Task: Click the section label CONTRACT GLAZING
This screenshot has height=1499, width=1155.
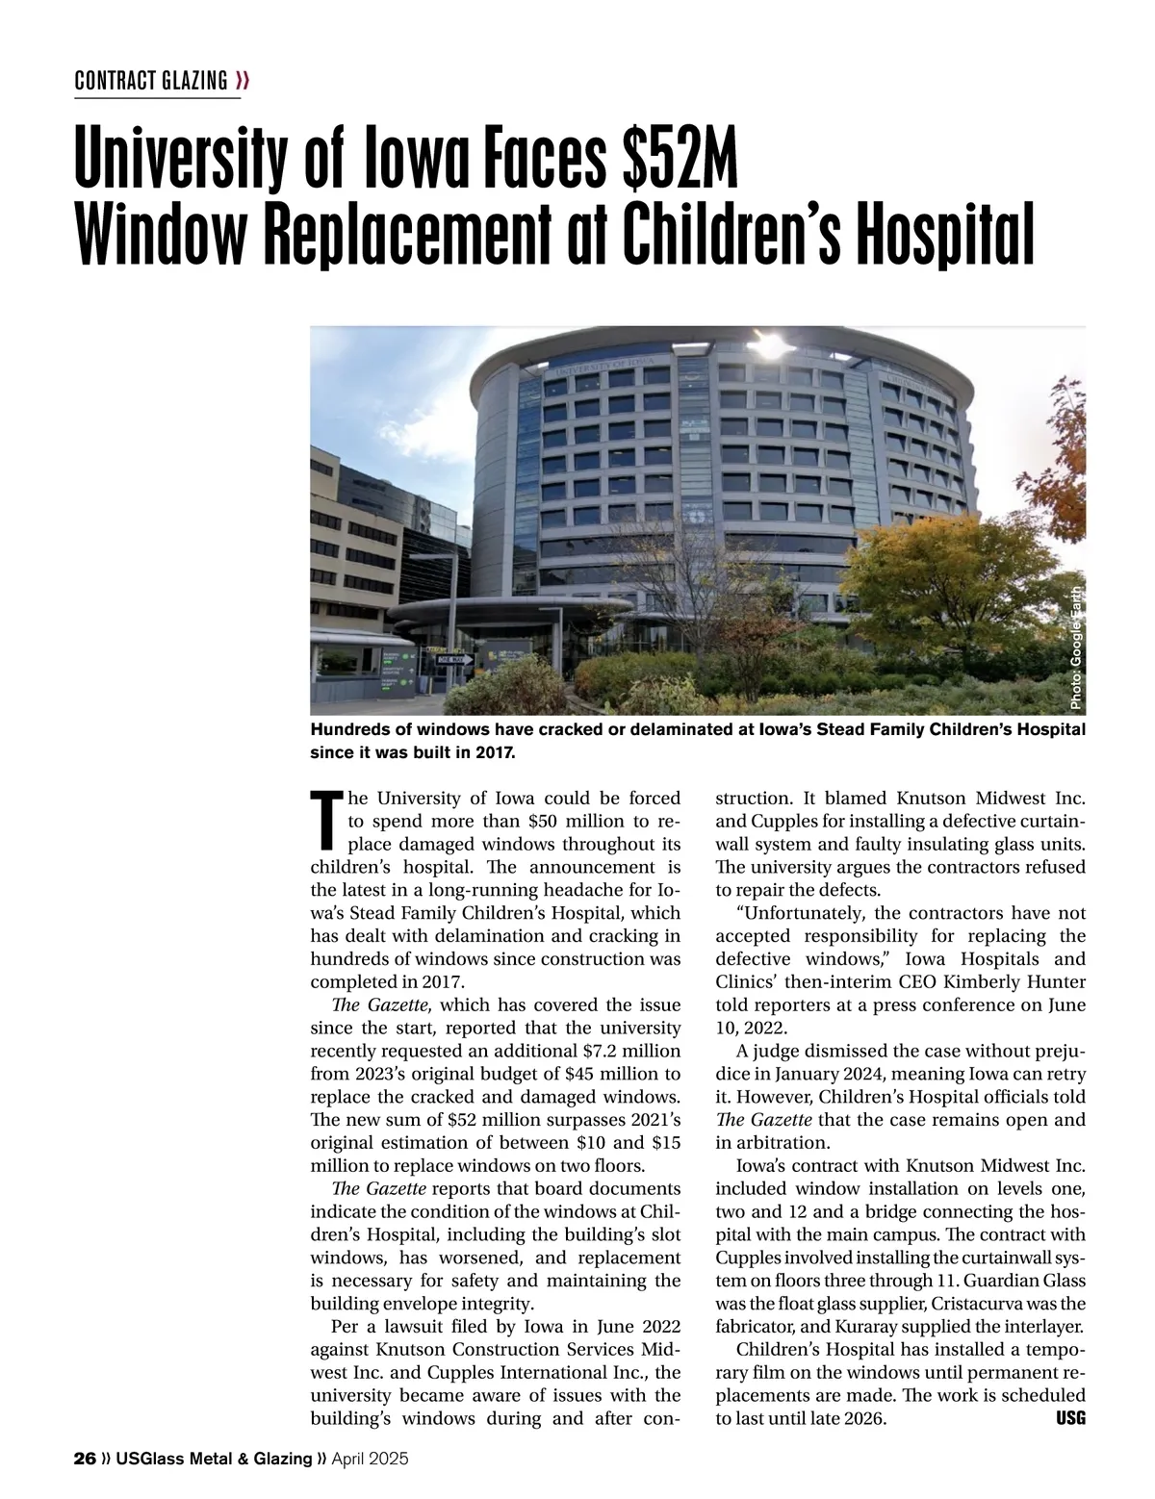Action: click(151, 80)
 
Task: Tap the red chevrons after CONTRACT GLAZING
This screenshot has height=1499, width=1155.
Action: click(243, 80)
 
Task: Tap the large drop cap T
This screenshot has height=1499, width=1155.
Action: click(326, 821)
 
